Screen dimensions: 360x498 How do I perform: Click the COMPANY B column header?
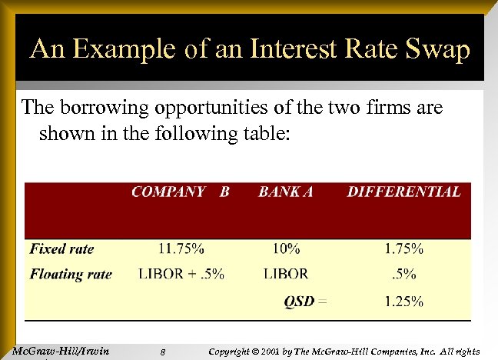pyautogui.click(x=180, y=192)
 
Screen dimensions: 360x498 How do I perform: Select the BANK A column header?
pyautogui.click(x=286, y=192)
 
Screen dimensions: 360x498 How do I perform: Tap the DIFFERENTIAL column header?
pyautogui.click(x=403, y=192)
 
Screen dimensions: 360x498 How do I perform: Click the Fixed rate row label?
pyautogui.click(x=62, y=248)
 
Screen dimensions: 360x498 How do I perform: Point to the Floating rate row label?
pyautogui.click(x=71, y=274)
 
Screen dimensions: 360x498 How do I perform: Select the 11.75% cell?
pyautogui.click(x=181, y=248)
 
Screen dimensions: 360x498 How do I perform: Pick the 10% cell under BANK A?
pyautogui.click(x=284, y=248)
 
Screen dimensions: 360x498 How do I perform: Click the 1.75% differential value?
pyautogui.click(x=403, y=248)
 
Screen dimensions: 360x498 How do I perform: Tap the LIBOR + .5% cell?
pyautogui.click(x=181, y=274)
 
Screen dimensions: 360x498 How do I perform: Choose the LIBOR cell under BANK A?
pyautogui.click(x=285, y=274)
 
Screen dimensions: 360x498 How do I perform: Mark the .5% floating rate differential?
pyautogui.click(x=405, y=274)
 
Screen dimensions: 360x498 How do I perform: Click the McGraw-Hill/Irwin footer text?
pyautogui.click(x=61, y=352)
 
